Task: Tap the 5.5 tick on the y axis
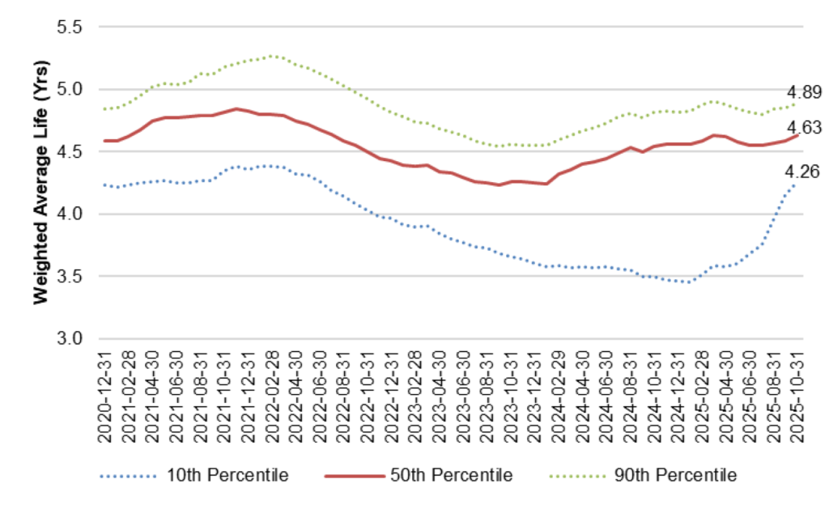coord(70,27)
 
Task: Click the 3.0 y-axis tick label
coord(70,338)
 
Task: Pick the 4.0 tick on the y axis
coord(70,214)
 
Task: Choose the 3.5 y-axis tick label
coord(70,276)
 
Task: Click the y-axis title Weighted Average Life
coord(39,182)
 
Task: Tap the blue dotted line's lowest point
coord(689,282)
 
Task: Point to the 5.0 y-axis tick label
coord(70,89)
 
